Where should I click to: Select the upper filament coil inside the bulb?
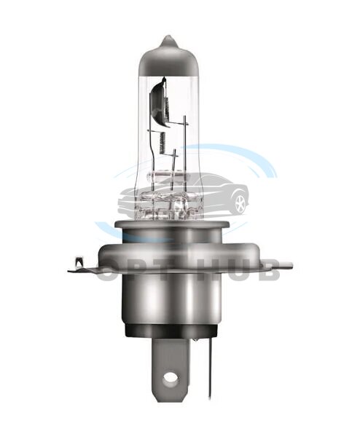[168, 106]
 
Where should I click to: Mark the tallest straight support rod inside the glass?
[184, 154]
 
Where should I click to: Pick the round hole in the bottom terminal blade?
[169, 377]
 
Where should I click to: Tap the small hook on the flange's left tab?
[78, 262]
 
